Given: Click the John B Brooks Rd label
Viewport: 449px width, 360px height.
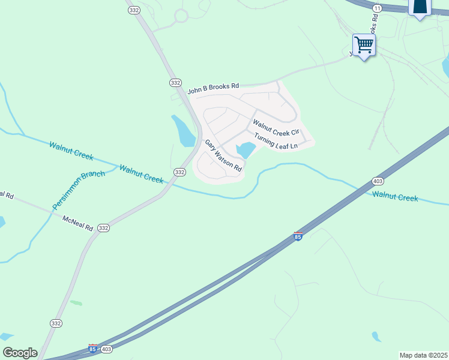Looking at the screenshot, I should [x=213, y=89].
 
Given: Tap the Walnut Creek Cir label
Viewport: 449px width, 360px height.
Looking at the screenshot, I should [x=276, y=128].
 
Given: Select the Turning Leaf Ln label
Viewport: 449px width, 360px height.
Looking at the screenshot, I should [x=276, y=142].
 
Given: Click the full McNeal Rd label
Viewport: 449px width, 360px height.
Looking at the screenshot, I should [x=78, y=224].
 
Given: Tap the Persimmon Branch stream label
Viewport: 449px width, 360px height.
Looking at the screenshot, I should [x=79, y=190].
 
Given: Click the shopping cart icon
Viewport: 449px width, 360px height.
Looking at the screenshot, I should [x=364, y=44].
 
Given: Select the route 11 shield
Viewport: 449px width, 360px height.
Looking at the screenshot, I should [x=377, y=8].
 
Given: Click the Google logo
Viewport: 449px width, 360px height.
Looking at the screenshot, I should [x=20, y=353].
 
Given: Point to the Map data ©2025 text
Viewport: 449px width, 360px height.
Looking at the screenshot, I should [x=423, y=355].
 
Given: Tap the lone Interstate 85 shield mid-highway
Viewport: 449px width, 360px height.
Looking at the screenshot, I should [x=298, y=236].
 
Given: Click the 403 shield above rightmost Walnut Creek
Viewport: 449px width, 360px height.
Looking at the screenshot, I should [x=378, y=181].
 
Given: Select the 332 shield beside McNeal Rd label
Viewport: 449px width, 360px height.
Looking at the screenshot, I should [x=103, y=228].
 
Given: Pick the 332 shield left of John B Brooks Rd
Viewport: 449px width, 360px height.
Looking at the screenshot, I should [x=175, y=82].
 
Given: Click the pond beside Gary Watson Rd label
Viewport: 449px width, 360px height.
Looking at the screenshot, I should [x=246, y=149].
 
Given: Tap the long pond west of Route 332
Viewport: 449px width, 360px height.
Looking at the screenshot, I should [x=184, y=130].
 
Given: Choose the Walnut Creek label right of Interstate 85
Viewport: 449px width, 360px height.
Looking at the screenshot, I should [x=394, y=196].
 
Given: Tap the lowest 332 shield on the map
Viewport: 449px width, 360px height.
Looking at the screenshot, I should [x=56, y=323].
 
